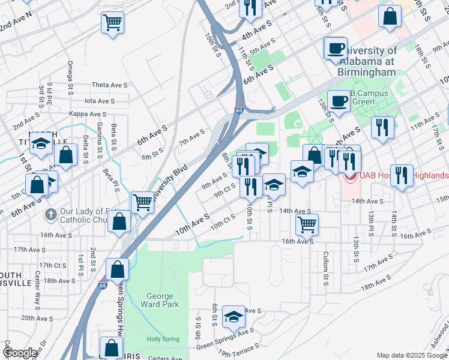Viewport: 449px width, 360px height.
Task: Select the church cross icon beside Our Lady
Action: pyautogui.click(x=52, y=213)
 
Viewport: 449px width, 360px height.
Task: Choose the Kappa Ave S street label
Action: pyautogui.click(x=88, y=113)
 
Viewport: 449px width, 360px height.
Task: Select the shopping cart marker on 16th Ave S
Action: pyautogui.click(x=307, y=224)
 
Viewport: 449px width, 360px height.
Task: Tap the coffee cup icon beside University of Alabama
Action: pyautogui.click(x=335, y=47)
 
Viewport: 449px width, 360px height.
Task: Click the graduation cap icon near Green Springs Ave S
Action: pyautogui.click(x=233, y=317)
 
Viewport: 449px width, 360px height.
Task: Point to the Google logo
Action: pyautogui.click(x=20, y=353)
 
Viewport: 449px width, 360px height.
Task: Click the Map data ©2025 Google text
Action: pyautogui.click(x=411, y=355)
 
